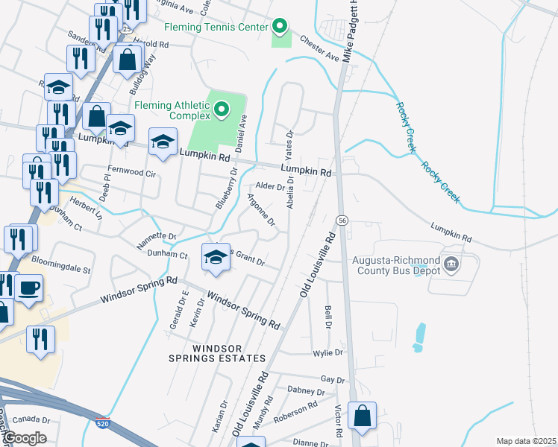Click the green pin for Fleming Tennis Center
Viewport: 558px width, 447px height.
tap(280, 28)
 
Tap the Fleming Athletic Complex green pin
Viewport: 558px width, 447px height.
tap(222, 111)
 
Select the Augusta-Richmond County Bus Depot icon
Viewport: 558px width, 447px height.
tap(451, 264)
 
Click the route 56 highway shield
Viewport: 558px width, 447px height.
tap(342, 221)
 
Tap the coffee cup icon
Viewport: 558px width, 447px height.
tap(28, 288)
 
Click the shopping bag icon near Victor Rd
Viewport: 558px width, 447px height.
tap(362, 417)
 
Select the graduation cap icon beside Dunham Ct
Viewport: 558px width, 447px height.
tap(215, 257)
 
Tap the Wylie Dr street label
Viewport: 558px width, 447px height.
tap(327, 352)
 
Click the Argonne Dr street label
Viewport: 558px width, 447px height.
tap(262, 209)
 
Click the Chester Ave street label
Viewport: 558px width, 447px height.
tap(319, 48)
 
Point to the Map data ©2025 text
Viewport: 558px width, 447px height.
tap(525, 441)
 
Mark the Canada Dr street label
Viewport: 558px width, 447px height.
tap(30, 419)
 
